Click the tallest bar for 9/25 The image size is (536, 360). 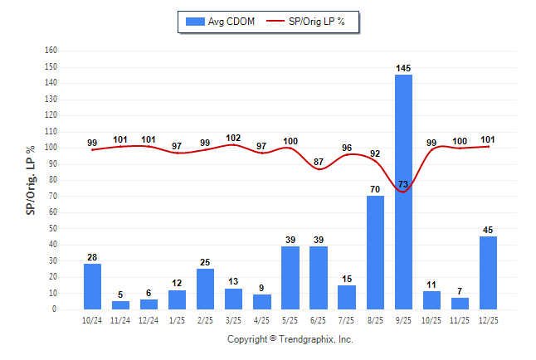(403, 192)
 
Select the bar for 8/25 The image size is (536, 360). (375, 252)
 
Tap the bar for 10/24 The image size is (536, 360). (92, 286)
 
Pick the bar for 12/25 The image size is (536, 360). (488, 273)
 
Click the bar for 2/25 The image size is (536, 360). (205, 289)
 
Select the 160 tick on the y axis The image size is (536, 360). (51, 50)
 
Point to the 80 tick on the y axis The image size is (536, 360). (52, 179)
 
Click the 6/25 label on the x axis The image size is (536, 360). (319, 319)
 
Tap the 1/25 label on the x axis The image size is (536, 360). (177, 319)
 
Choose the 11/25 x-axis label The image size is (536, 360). (460, 319)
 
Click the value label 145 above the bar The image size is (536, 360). (403, 68)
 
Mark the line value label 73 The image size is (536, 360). (403, 184)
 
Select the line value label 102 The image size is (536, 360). (233, 139)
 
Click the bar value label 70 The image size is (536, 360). (375, 189)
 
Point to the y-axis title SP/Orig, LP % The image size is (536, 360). (31, 180)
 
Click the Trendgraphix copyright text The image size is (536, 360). (290, 339)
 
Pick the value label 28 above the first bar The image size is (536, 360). (92, 257)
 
